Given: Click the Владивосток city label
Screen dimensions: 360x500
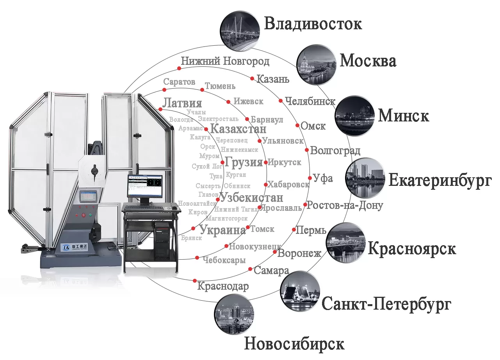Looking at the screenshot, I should [x=313, y=24].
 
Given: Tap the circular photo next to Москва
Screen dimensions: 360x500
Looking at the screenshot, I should [x=317, y=65].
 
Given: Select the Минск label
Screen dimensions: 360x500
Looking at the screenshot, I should [x=404, y=116].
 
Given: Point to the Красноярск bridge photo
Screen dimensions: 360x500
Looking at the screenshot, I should [x=346, y=242].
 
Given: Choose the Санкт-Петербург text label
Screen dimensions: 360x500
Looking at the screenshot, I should [x=386, y=304].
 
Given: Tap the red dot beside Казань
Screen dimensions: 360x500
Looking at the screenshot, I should [x=252, y=78].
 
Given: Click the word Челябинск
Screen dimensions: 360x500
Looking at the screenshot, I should [x=310, y=102].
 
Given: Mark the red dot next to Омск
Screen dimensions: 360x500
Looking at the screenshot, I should [x=297, y=125].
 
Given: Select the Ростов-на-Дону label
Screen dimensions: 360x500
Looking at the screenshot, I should [x=345, y=205].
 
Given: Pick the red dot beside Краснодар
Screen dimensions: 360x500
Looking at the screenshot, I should [x=194, y=280].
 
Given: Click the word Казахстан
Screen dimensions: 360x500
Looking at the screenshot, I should [x=238, y=129].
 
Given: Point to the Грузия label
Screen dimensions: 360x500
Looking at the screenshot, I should [x=244, y=162].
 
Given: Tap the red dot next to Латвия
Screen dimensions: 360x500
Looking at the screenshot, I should [x=160, y=109].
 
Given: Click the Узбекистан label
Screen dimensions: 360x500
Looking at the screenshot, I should [x=251, y=198].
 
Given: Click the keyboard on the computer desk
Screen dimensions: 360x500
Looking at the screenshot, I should [x=145, y=207].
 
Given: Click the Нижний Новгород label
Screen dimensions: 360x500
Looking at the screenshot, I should [x=225, y=61].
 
